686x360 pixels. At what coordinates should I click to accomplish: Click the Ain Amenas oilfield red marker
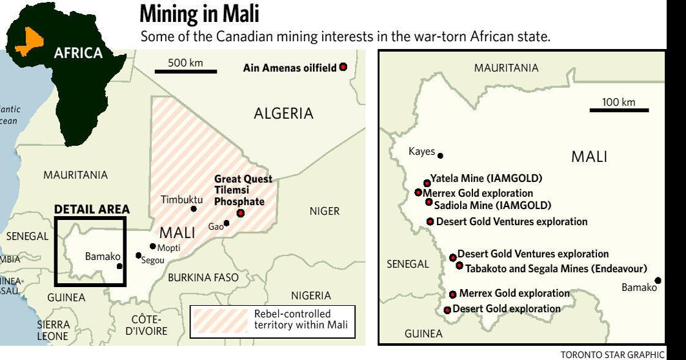click(343, 67)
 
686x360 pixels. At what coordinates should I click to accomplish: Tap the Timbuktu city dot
click(194, 209)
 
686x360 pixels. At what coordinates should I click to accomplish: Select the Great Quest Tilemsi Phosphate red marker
click(241, 214)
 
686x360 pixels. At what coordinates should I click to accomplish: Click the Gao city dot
click(227, 224)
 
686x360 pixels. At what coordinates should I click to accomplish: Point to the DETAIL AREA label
click(92, 209)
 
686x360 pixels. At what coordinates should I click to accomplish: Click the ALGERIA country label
click(283, 114)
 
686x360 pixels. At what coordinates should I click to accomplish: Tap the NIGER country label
click(324, 211)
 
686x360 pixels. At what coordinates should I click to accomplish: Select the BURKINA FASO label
click(203, 277)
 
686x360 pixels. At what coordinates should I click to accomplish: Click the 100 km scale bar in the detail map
click(618, 111)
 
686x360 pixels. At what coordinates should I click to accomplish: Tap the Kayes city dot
click(441, 155)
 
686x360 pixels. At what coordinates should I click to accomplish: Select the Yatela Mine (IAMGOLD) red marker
click(427, 183)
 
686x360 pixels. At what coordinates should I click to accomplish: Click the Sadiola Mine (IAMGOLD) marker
click(429, 202)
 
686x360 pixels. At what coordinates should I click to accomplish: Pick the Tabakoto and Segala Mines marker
click(459, 265)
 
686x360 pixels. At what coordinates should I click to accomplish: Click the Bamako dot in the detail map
click(658, 280)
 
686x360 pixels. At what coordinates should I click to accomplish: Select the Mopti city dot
click(152, 246)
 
